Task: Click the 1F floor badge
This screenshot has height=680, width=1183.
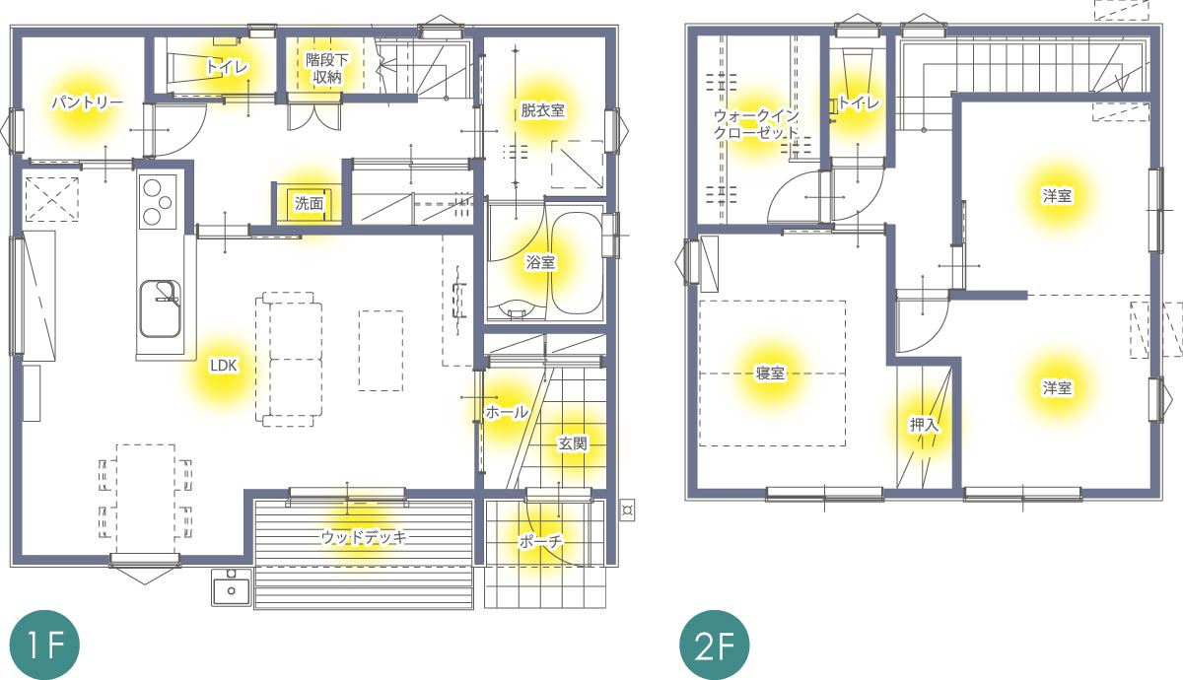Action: coord(45,646)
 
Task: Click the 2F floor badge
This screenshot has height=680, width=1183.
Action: coord(714,646)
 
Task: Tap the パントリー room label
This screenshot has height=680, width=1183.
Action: coord(88,102)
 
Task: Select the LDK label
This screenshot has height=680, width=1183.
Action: coord(224,366)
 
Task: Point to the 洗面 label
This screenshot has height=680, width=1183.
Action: coord(309,203)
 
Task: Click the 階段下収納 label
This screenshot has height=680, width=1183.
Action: coord(327,68)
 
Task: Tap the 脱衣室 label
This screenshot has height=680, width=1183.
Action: coord(543,110)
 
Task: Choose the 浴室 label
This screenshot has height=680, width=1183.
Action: coord(541,262)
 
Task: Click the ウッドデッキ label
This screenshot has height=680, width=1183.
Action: coord(365,537)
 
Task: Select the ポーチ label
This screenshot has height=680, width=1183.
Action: coord(541,542)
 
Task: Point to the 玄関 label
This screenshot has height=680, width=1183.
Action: coord(573,443)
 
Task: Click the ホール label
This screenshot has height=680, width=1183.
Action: coord(507,412)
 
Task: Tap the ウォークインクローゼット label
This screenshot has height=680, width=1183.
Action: coord(757,124)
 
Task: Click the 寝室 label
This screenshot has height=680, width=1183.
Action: coord(770,374)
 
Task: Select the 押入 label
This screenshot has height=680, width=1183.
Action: coord(924,425)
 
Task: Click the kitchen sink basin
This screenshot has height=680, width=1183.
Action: coord(160,308)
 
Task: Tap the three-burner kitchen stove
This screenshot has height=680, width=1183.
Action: coord(158,202)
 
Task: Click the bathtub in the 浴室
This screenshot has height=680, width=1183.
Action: coord(578,263)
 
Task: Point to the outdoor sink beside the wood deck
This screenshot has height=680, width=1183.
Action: coord(232,587)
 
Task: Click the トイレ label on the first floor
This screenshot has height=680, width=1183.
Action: coord(227,67)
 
